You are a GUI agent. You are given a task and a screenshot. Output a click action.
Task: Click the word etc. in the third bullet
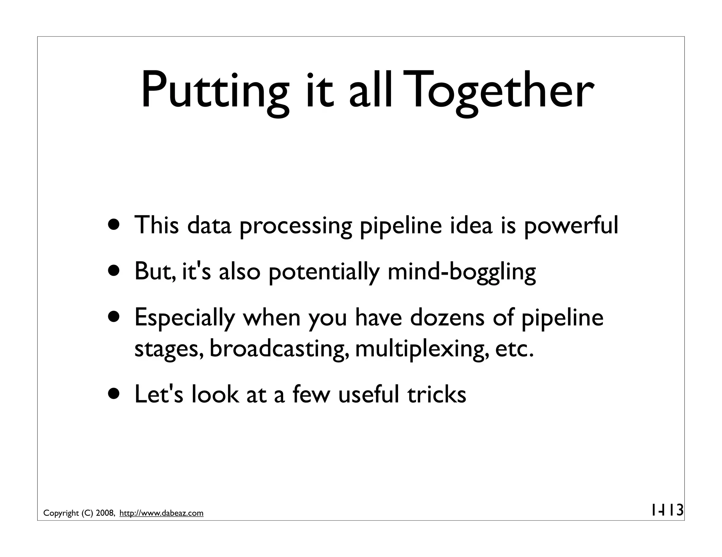click(514, 349)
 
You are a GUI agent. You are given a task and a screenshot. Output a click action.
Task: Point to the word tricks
click(437, 394)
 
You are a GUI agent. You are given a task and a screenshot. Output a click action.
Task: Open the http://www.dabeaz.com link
click(161, 513)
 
